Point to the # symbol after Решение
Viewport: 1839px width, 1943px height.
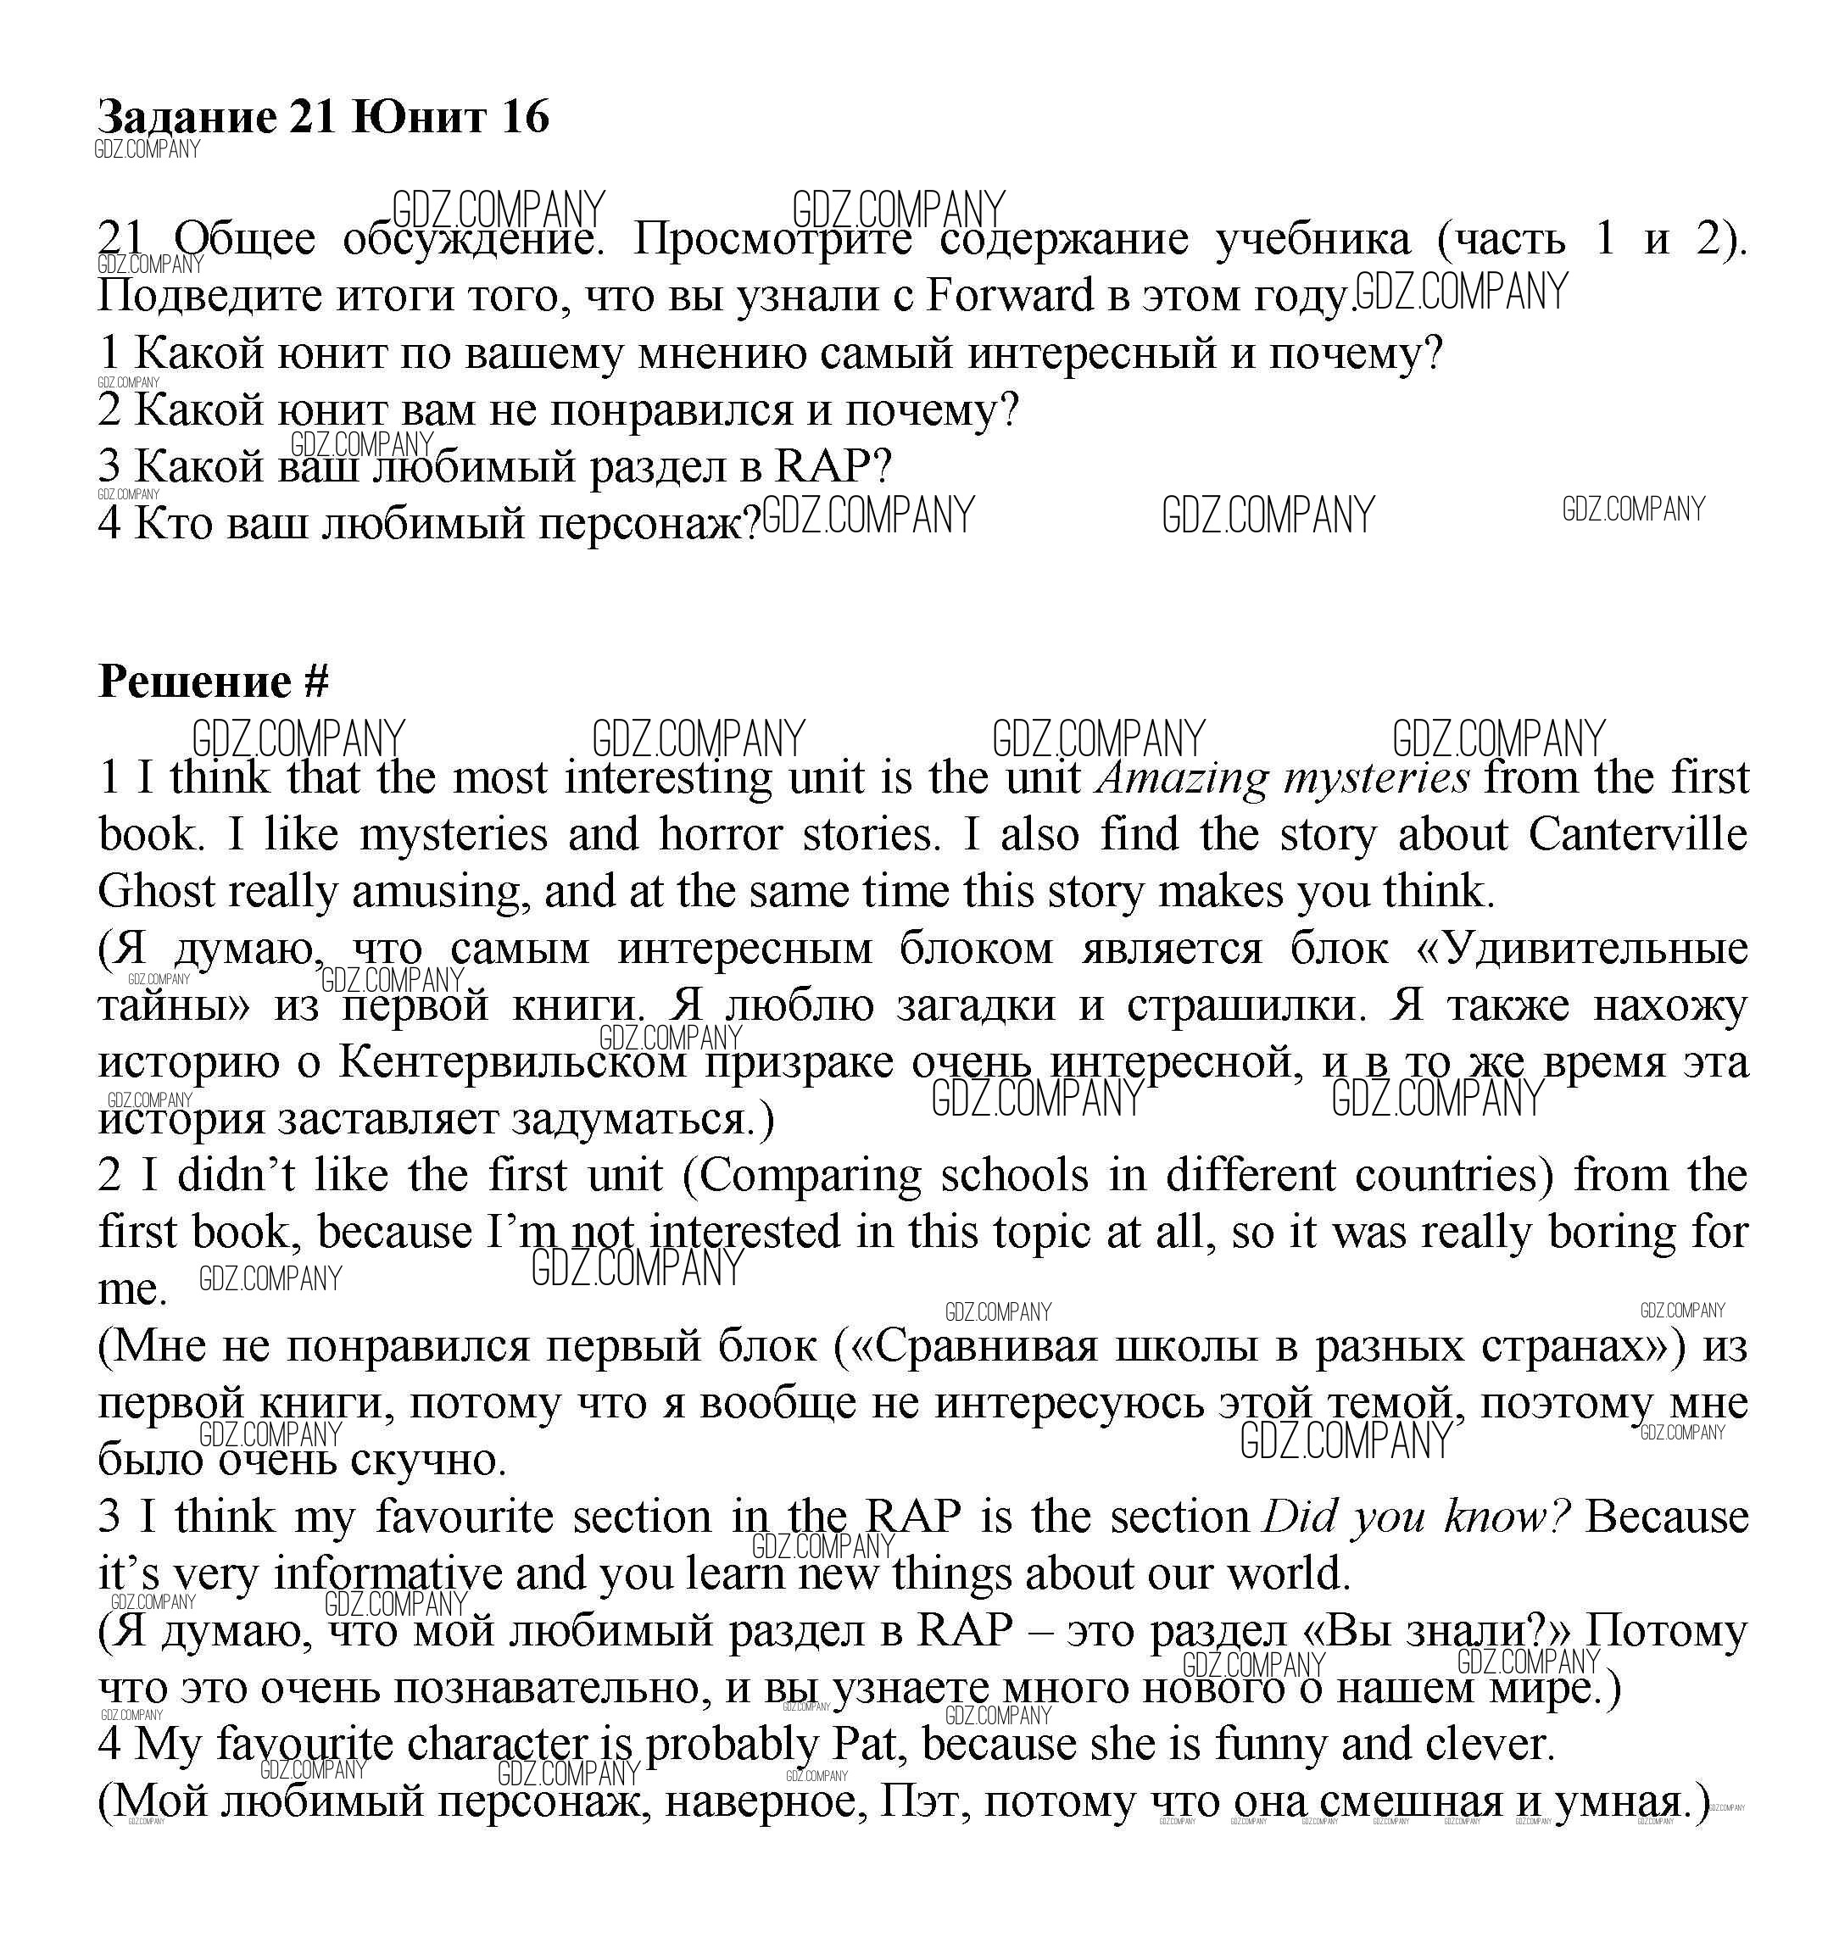pos(315,682)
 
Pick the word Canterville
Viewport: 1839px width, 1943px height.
pos(1637,835)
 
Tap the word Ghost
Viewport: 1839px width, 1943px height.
pos(156,892)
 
